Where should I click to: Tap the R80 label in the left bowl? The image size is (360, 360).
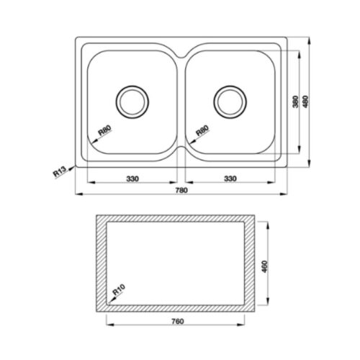click(105, 130)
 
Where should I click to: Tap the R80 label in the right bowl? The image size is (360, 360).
click(203, 130)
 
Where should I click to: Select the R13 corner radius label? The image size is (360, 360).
click(59, 172)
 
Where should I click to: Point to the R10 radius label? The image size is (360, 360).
click(119, 289)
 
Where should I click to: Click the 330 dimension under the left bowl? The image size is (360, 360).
click(132, 179)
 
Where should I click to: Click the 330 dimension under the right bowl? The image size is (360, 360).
click(230, 179)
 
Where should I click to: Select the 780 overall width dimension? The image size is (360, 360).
click(181, 190)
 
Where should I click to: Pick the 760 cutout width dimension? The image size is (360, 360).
click(178, 321)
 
